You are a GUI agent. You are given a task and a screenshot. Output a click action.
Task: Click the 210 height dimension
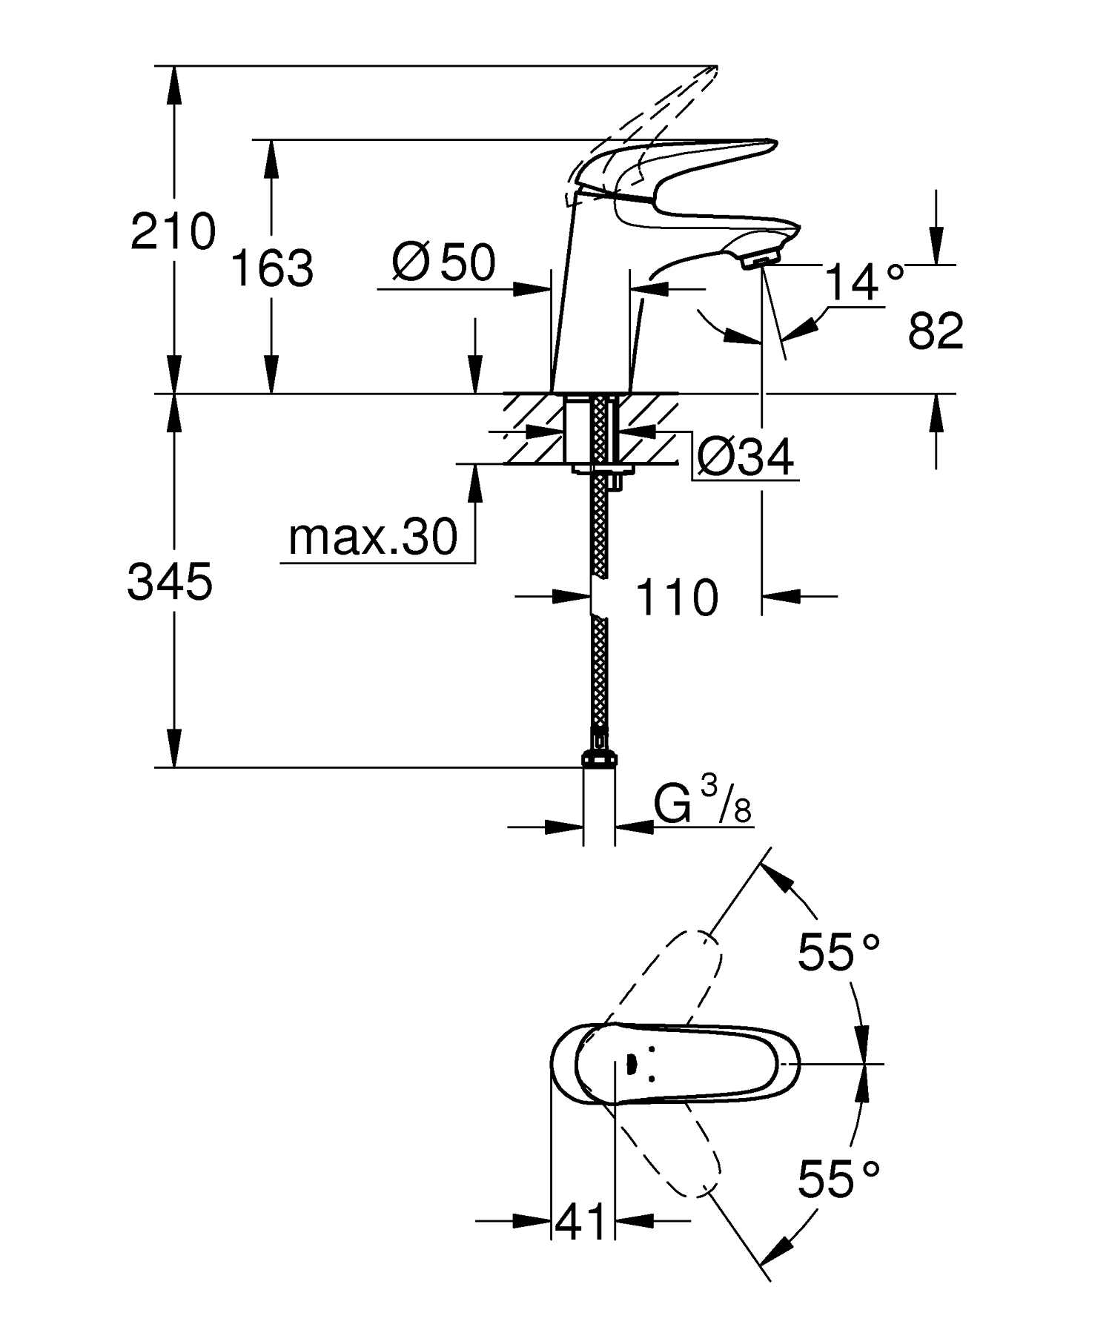(x=173, y=231)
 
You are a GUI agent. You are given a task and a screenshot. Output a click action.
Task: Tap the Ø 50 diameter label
(x=444, y=263)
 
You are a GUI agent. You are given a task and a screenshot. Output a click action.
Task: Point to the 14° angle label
(x=864, y=282)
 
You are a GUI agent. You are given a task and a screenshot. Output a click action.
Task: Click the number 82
(x=936, y=331)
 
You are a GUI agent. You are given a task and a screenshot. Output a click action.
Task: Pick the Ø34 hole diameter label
(x=745, y=457)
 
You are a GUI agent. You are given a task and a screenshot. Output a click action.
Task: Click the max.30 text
(x=373, y=537)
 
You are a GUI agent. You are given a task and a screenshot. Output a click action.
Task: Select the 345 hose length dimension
(x=171, y=581)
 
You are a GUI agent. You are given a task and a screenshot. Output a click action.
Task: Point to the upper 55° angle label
(x=838, y=952)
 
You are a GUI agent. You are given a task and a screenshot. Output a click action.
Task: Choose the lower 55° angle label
(x=838, y=1179)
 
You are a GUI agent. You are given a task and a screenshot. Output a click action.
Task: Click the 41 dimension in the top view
(x=581, y=1221)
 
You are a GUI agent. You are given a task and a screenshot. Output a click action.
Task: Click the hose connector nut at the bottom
(x=599, y=758)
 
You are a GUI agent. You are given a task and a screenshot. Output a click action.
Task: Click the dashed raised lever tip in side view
(x=697, y=82)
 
